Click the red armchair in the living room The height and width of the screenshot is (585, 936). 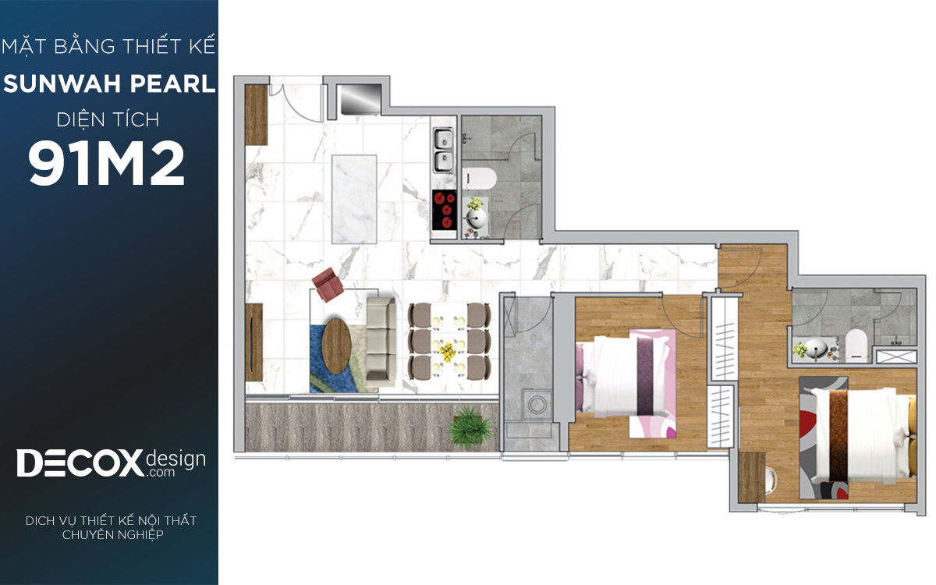328,284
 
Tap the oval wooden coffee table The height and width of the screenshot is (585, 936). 336,346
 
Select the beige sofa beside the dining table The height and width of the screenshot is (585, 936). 381,342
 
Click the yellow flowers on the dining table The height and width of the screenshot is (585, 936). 448,352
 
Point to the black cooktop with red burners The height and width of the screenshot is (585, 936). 444,209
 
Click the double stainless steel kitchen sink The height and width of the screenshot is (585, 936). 442,150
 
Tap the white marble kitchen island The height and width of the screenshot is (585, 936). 354,200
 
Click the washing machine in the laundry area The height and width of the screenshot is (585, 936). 535,404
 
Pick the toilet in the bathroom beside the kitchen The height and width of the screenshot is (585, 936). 479,179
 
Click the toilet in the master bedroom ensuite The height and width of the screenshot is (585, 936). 856,345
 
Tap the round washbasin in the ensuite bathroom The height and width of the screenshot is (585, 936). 816,349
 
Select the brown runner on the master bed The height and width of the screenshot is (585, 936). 838,435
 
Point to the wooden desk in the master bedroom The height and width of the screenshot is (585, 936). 751,477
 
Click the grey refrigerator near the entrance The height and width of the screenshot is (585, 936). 360,99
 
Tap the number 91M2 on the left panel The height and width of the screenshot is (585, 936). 106,163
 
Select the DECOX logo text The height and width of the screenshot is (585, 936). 80,463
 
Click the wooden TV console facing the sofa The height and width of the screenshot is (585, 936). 253,342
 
